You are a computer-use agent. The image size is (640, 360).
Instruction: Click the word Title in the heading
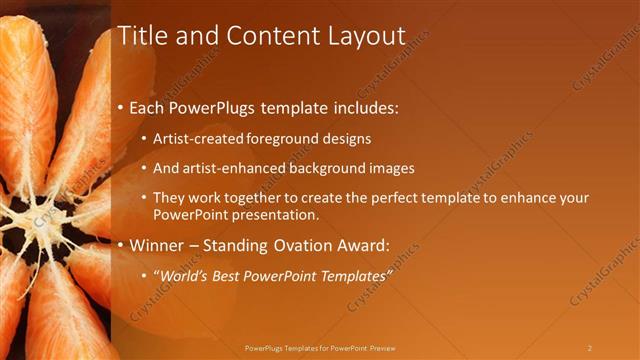click(143, 36)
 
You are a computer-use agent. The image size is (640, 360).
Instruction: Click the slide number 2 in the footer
click(589, 348)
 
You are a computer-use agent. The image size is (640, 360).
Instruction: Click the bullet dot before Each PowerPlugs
click(122, 107)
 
